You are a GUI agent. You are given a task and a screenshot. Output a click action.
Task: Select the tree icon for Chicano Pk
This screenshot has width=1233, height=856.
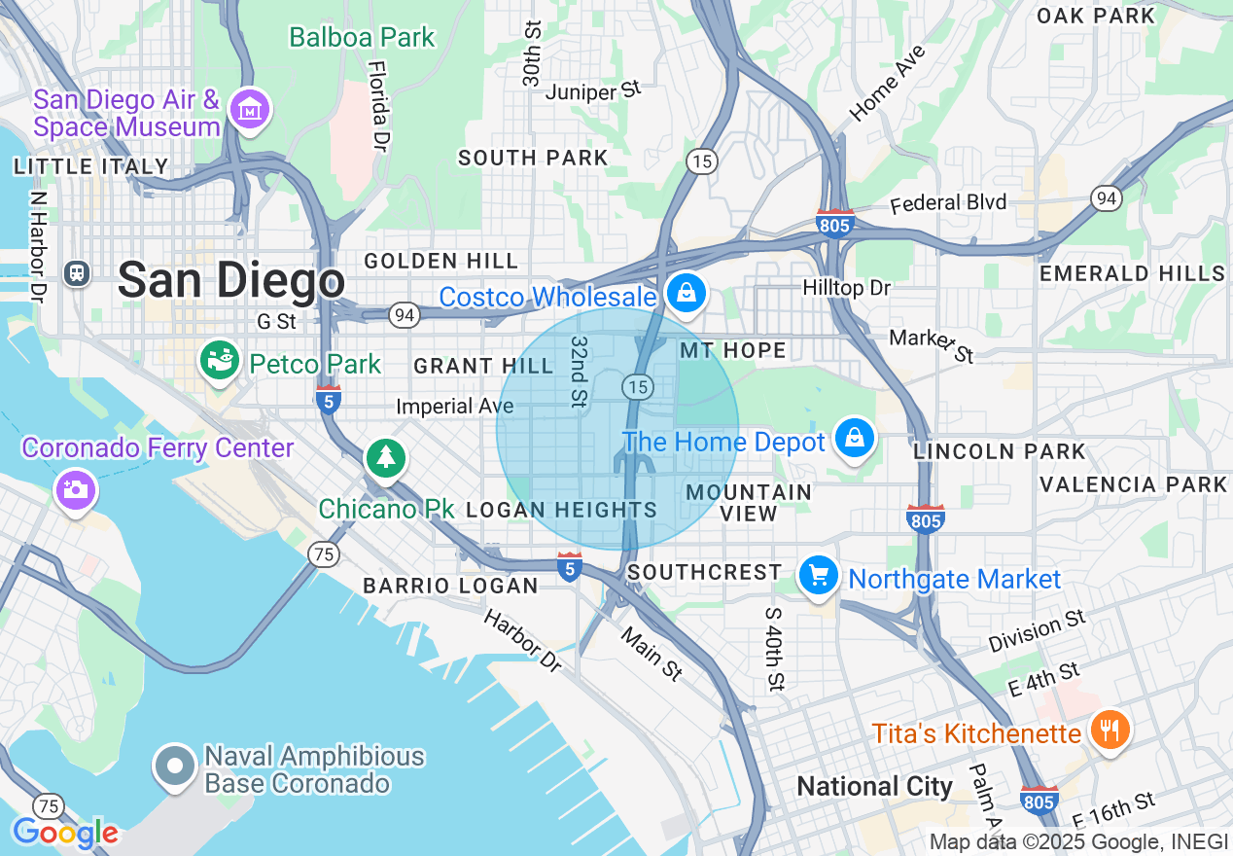(386, 457)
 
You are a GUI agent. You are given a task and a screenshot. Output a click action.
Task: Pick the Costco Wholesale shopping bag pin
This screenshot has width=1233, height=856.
(687, 293)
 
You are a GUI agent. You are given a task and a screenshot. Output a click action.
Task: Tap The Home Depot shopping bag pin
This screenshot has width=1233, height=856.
(854, 439)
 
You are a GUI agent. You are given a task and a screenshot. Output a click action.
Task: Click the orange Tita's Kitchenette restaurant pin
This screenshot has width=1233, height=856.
(1108, 731)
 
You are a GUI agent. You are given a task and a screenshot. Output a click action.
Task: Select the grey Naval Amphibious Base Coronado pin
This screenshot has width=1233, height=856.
(175, 767)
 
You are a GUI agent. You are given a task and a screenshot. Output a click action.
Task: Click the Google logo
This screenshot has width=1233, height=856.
(65, 833)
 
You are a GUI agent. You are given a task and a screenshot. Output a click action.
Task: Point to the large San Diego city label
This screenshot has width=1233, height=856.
(231, 281)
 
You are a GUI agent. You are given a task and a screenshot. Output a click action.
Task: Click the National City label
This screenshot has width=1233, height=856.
(874, 786)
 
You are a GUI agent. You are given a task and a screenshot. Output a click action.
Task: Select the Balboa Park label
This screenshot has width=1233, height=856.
(362, 38)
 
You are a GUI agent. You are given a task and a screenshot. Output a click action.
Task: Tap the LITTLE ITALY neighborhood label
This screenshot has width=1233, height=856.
(91, 166)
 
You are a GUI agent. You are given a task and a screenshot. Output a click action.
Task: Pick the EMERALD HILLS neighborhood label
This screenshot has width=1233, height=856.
(1133, 273)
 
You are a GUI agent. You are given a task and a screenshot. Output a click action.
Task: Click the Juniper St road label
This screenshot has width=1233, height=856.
(593, 91)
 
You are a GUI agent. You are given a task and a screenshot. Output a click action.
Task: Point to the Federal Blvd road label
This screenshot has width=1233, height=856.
(949, 203)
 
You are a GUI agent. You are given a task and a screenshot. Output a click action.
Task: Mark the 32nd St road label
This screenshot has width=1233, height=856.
(580, 372)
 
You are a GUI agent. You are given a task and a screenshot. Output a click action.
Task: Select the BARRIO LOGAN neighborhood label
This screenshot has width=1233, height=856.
(450, 586)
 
